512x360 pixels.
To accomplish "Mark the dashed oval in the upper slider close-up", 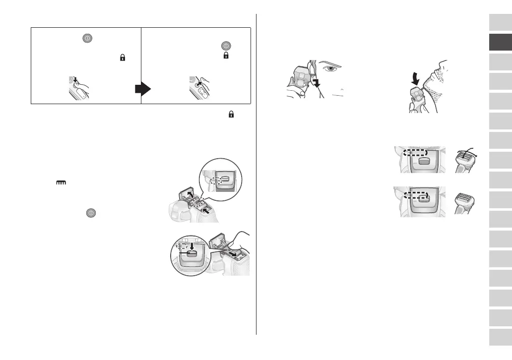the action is (415, 153).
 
